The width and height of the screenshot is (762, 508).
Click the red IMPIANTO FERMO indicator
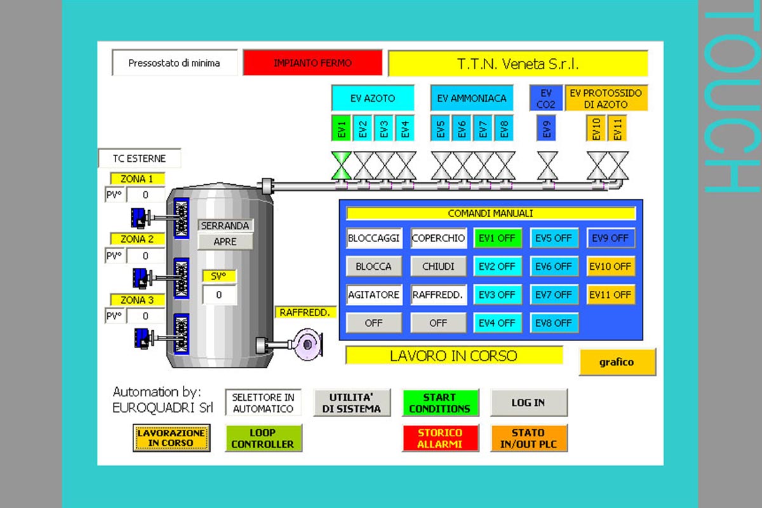click(312, 63)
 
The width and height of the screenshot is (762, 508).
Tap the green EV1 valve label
click(342, 128)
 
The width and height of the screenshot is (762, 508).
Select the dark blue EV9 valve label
click(547, 128)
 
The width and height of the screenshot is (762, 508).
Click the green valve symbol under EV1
click(342, 166)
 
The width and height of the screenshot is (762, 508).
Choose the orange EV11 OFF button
click(610, 295)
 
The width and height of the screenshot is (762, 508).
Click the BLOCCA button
click(373, 267)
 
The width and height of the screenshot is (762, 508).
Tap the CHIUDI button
click(438, 267)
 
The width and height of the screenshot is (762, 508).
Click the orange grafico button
click(617, 362)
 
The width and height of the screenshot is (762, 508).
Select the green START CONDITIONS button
click(439, 403)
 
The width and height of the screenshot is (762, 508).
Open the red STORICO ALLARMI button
click(439, 438)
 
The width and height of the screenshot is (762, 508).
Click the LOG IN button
click(528, 403)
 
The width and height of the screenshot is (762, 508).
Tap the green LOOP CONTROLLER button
click(263, 438)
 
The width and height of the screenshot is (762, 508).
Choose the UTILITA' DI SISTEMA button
click(351, 403)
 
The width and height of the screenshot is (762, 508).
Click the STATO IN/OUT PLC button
click(528, 438)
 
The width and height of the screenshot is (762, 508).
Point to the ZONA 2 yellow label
click(137, 239)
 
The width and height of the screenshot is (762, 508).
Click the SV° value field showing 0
click(219, 295)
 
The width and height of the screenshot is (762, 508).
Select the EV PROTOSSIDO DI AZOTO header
click(606, 98)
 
